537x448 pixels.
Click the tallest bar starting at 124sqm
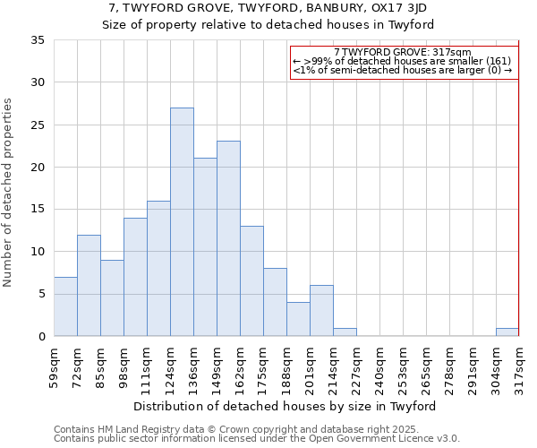point(182,222)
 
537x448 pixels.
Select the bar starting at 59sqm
point(65,306)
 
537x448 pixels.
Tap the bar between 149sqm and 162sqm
point(228,238)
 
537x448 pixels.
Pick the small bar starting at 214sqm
point(345,332)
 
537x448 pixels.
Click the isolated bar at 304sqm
point(507,332)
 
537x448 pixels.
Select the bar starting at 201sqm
point(321,311)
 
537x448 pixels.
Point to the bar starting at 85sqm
point(112,298)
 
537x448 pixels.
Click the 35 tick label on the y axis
point(37,40)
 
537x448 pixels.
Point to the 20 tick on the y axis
point(37,168)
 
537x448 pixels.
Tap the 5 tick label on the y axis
point(40,295)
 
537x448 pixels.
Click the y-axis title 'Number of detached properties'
point(9,193)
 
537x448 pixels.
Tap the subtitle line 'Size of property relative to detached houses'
point(268,24)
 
